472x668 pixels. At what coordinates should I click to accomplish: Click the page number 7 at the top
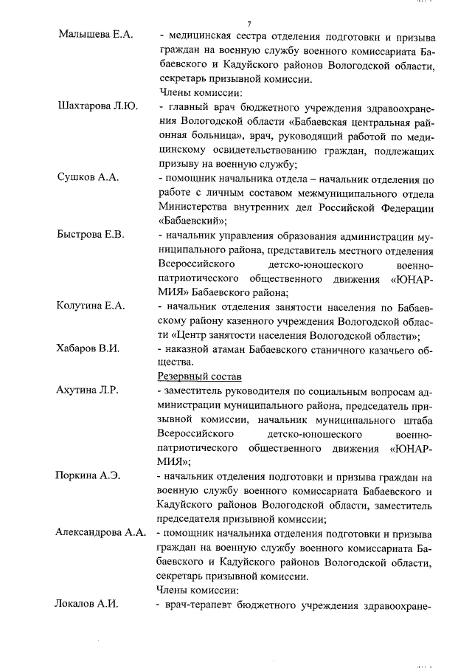tap(249, 24)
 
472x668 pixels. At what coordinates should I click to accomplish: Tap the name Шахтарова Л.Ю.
tap(97, 106)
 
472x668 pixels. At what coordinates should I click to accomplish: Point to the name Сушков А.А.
tap(88, 177)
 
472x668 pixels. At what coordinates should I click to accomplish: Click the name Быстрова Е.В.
tap(91, 234)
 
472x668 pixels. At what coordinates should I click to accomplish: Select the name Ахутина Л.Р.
tap(88, 390)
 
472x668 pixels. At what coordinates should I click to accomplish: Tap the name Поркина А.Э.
tap(88, 475)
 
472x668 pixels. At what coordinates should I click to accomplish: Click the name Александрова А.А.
tap(100, 532)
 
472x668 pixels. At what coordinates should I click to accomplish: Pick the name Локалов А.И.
tap(86, 603)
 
